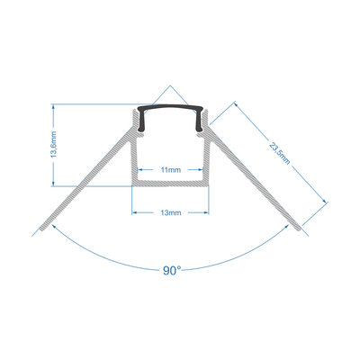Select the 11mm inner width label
169,168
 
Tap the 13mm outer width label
169,213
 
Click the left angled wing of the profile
85,191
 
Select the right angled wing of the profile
256,191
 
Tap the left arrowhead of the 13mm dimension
136,213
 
